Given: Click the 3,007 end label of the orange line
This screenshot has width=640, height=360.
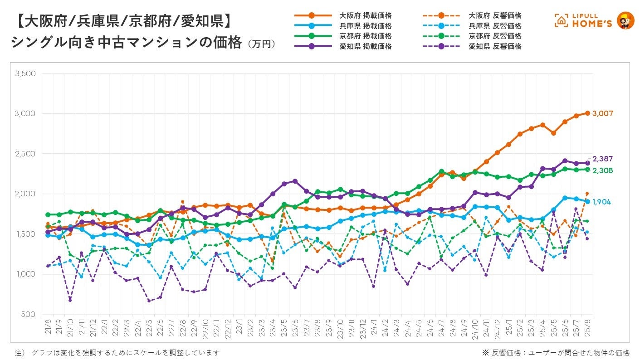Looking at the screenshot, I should click(604, 113).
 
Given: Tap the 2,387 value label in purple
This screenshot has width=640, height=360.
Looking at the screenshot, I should click(603, 159).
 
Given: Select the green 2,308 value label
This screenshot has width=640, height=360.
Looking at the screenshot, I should click(603, 170).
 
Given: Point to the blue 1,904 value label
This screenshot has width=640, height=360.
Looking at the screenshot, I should click(602, 202).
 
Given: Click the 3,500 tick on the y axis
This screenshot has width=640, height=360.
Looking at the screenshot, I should click(25, 73).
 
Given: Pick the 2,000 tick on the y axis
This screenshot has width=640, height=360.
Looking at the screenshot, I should click(25, 194).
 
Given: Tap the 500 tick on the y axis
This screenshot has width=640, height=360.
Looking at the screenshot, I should click(29, 314).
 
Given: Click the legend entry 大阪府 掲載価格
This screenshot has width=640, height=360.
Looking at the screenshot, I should click(366, 16).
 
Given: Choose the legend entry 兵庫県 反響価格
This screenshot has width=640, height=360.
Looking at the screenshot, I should click(495, 26).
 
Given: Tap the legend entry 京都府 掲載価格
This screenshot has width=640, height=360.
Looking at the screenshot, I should click(366, 36).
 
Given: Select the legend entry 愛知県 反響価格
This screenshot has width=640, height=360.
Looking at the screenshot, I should click(495, 46).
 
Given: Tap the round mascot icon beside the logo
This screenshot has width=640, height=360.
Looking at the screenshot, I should click(626, 20).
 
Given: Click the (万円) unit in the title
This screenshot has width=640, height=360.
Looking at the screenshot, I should click(261, 44).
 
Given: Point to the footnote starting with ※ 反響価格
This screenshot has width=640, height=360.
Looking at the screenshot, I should click(556, 353).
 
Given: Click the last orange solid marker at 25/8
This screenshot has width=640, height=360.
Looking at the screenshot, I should click(587, 113).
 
